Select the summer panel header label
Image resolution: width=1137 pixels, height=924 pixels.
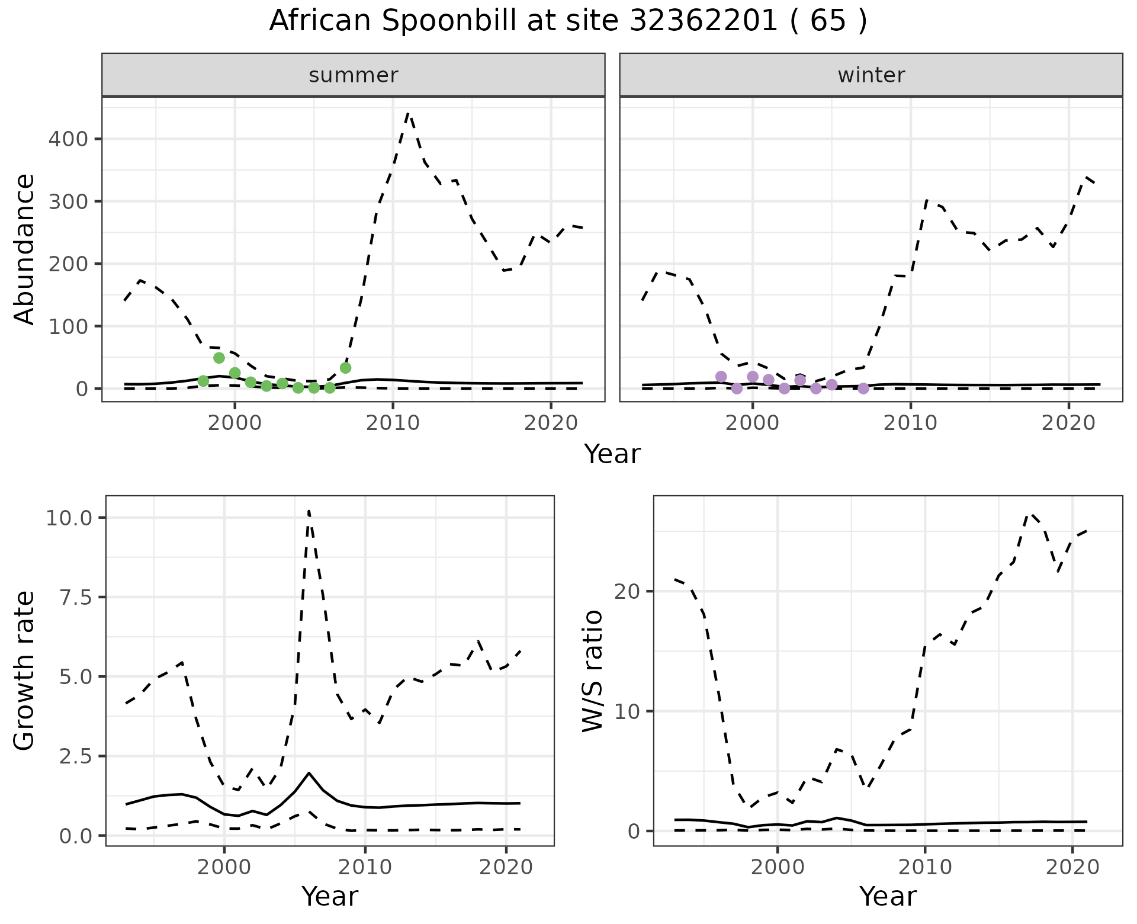click(354, 75)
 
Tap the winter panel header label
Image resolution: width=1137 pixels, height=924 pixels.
click(871, 75)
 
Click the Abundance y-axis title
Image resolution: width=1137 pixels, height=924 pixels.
click(24, 249)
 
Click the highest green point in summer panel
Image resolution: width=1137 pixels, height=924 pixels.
click(219, 358)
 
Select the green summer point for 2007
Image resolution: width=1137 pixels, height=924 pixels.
click(346, 368)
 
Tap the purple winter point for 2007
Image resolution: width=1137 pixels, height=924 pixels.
click(863, 389)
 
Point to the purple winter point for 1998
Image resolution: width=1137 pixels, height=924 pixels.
click(721, 377)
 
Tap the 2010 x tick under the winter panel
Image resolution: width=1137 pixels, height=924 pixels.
click(910, 423)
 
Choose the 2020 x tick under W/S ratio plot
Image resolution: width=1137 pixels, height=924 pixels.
click(1072, 868)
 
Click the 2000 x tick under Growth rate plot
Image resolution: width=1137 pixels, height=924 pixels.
click(224, 868)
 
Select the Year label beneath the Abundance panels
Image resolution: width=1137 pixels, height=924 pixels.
click(612, 454)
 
